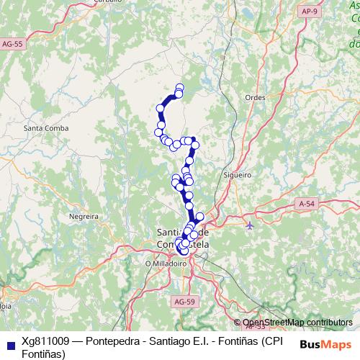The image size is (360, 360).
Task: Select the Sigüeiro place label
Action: click(x=237, y=174)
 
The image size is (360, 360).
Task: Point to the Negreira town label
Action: click(x=83, y=215)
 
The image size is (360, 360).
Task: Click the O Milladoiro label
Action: click(x=166, y=264)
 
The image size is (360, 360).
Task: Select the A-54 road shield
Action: click(x=307, y=204)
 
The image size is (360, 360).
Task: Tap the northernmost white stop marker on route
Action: click(x=179, y=88)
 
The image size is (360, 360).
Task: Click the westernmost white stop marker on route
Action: click(x=159, y=132)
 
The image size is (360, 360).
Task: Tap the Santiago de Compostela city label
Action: click(x=181, y=238)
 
